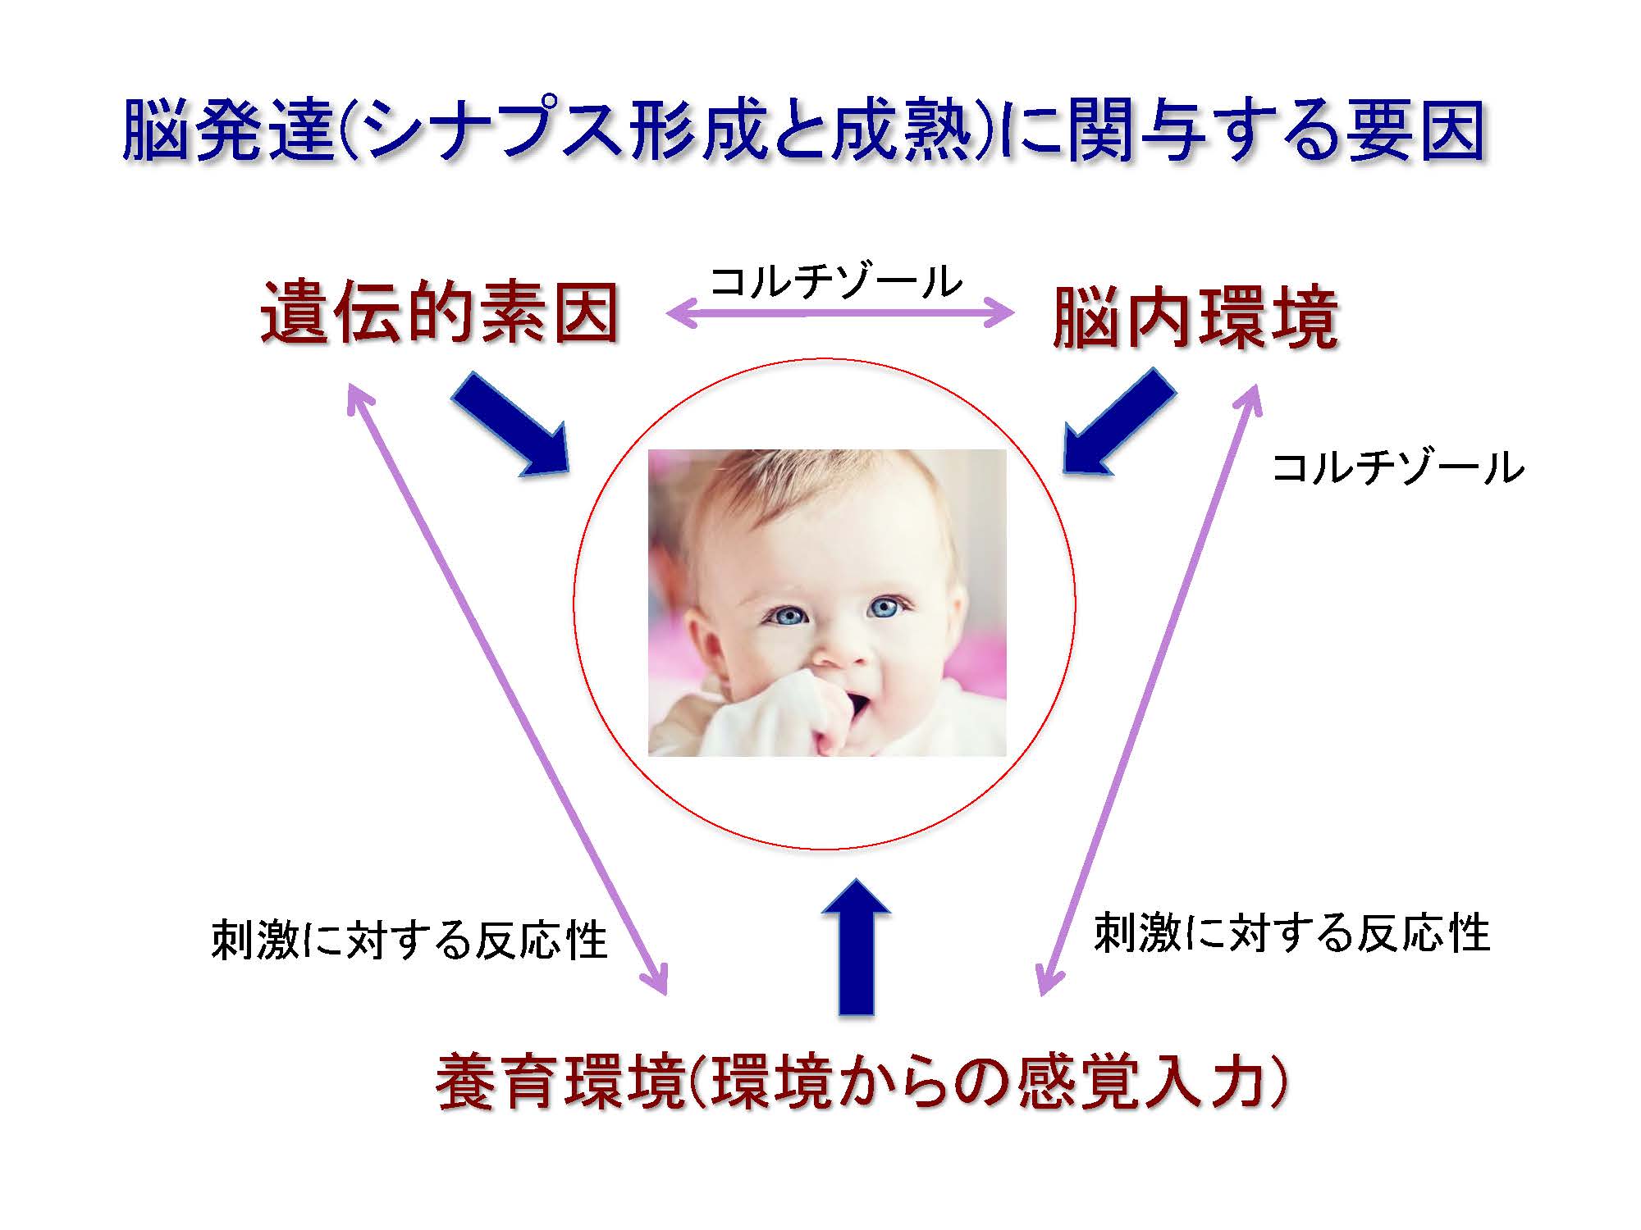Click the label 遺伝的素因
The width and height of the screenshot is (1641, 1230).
440,314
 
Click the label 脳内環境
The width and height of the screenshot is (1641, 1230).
1195,318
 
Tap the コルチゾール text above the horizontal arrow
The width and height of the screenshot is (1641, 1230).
836,282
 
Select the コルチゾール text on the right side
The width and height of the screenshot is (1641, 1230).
1397,468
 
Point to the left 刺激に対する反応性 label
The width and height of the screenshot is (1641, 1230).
409,940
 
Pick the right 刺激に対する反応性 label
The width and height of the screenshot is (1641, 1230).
1291,933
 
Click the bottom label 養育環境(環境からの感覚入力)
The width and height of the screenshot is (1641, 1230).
861,1082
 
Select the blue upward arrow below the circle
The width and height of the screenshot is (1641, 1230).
856,947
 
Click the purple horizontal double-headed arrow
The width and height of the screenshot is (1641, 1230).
840,312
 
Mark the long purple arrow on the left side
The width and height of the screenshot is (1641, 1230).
507,689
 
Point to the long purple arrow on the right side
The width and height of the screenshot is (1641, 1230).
1149,689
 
